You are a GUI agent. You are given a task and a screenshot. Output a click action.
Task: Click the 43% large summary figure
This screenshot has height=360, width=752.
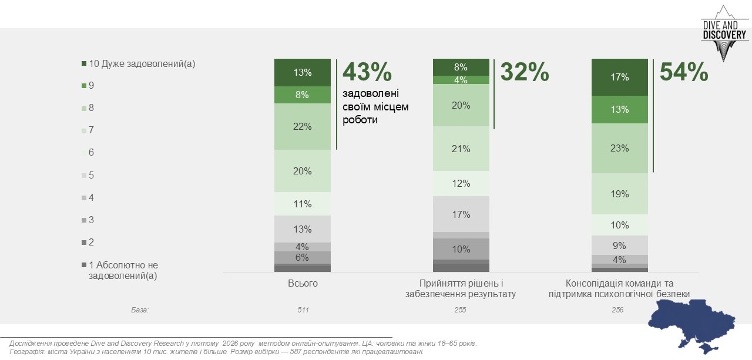pyautogui.click(x=367, y=73)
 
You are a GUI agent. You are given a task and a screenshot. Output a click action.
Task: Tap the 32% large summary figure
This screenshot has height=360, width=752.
pyautogui.click(x=525, y=73)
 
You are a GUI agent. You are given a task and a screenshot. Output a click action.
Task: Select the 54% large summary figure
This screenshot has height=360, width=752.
pyautogui.click(x=684, y=73)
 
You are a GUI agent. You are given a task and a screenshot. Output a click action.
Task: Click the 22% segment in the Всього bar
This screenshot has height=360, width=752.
pyautogui.click(x=303, y=127)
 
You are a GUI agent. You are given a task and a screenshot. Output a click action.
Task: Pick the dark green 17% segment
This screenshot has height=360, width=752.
pyautogui.click(x=620, y=77)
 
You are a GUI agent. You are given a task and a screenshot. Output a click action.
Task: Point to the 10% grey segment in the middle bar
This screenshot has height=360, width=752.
pyautogui.click(x=461, y=249)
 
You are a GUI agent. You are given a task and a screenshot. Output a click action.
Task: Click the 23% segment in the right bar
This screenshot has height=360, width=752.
pyautogui.click(x=620, y=148)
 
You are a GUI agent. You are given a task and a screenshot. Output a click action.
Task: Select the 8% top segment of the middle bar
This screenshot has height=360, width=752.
pyautogui.click(x=461, y=67)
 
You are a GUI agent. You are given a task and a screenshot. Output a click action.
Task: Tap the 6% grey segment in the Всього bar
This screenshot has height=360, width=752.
pyautogui.click(x=303, y=257)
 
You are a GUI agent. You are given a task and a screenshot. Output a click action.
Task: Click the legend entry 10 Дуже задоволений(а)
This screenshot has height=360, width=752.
pyautogui.click(x=141, y=64)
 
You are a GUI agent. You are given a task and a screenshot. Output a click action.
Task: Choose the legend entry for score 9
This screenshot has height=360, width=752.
pyautogui.click(x=91, y=86)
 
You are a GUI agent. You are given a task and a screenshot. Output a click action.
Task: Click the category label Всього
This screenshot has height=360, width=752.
pyautogui.click(x=303, y=284)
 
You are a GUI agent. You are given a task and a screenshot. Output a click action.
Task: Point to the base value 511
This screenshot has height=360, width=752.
pyautogui.click(x=303, y=309)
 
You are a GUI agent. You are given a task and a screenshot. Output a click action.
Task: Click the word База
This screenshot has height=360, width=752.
pyautogui.click(x=140, y=309)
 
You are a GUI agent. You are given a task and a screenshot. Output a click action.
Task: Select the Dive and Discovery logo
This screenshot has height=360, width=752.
pyautogui.click(x=724, y=34)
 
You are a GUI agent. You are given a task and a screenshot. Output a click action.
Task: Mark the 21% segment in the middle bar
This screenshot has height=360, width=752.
pyautogui.click(x=461, y=149)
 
